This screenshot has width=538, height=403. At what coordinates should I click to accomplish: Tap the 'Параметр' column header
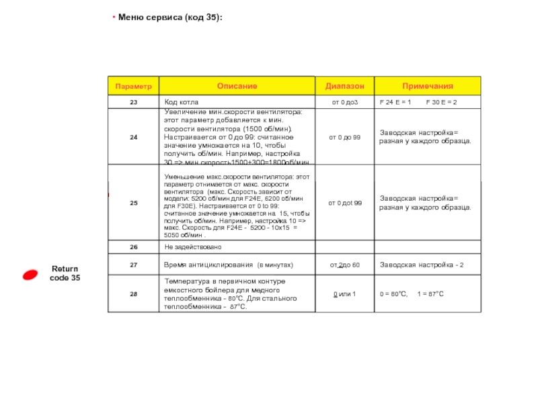pyautogui.click(x=133, y=87)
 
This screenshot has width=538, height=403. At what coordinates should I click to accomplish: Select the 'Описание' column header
pyautogui.click(x=237, y=87)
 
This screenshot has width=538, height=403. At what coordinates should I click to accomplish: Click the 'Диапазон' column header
pyautogui.click(x=345, y=87)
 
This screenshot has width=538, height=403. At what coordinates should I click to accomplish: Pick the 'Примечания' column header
pyautogui.click(x=428, y=87)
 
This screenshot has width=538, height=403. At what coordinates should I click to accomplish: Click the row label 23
pyautogui.click(x=133, y=102)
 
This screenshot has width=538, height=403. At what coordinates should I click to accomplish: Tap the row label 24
pyautogui.click(x=133, y=137)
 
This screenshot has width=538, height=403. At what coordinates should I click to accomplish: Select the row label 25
pyautogui.click(x=133, y=203)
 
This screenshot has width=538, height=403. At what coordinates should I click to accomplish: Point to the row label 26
pyautogui.click(x=133, y=247)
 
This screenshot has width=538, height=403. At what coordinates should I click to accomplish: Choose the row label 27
pyautogui.click(x=133, y=265)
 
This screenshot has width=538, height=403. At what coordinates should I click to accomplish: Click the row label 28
pyautogui.click(x=133, y=294)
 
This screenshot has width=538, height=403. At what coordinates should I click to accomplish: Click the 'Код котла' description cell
pyautogui.click(x=182, y=102)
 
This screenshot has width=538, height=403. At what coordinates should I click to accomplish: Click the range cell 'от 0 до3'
pyautogui.click(x=344, y=102)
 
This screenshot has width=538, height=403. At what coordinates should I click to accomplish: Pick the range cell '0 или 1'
pyautogui.click(x=344, y=294)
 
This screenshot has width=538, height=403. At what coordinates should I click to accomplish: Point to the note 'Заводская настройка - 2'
pyautogui.click(x=422, y=265)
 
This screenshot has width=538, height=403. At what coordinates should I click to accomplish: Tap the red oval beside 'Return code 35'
pyautogui.click(x=32, y=274)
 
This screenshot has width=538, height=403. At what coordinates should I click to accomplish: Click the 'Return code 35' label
pyautogui.click(x=65, y=273)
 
